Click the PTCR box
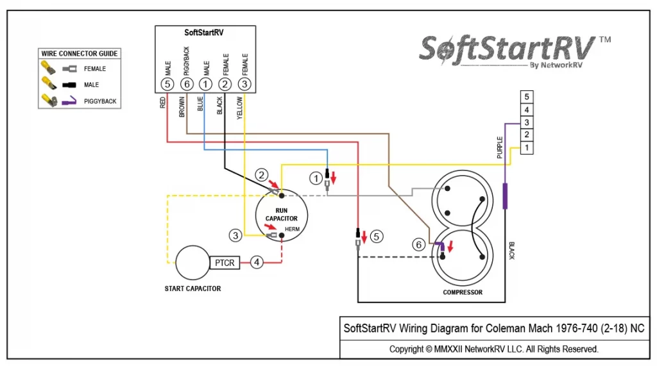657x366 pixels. point(225,263)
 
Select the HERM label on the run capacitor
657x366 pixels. point(292,229)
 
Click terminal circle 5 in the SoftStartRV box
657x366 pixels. point(167,84)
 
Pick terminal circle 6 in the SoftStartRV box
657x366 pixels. point(187,84)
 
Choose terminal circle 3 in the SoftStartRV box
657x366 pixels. point(244,84)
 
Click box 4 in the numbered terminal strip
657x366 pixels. point(527,110)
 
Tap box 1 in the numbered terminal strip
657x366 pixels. point(527,148)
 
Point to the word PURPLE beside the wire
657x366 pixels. point(499,147)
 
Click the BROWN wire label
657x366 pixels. point(182,107)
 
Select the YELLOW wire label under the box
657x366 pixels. point(240,108)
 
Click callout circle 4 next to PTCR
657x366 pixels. point(257,263)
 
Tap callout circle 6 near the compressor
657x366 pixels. point(418,245)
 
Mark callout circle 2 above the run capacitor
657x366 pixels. point(262,174)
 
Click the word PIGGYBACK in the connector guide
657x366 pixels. point(100,101)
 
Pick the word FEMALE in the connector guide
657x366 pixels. point(95,69)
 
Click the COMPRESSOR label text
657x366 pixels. point(463,292)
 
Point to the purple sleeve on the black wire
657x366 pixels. point(505,196)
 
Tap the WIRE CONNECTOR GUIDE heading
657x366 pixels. point(79,54)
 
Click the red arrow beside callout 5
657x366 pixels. point(364,237)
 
